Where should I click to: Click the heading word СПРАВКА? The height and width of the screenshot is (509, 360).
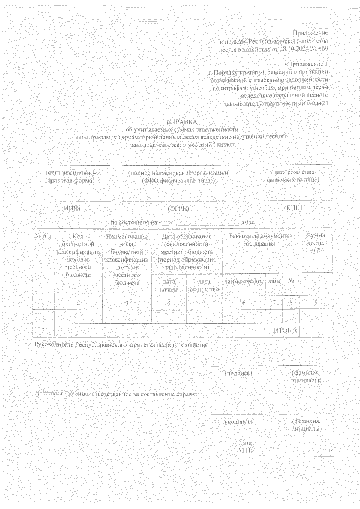[182, 122]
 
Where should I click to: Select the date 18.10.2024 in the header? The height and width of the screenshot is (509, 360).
[292, 49]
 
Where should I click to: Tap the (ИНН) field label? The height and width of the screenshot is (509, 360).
[71, 208]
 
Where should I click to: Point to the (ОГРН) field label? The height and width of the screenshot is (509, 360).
[178, 209]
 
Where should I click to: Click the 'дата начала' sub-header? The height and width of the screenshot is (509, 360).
[169, 285]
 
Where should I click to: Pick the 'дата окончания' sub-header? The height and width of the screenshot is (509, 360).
[204, 285]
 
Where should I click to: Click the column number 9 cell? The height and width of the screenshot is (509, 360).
[316, 302]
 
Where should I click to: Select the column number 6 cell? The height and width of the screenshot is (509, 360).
[244, 303]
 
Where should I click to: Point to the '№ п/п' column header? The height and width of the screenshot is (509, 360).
[43, 236]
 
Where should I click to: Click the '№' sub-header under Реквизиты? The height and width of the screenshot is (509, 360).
[291, 281]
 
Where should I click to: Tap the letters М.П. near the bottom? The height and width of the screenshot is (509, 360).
[245, 451]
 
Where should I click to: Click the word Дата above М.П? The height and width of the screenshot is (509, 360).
[245, 443]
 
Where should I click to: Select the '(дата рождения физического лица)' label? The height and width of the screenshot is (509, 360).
[293, 176]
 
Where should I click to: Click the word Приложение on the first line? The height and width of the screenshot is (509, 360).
[310, 33]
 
